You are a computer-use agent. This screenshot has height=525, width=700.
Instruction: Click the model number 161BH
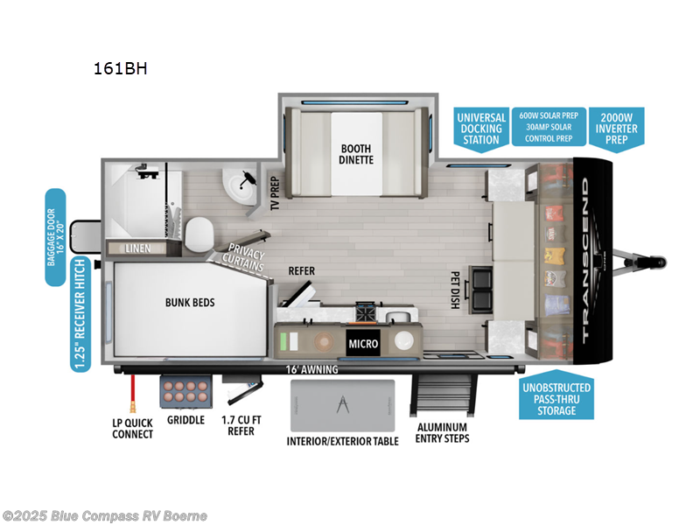(x=119, y=67)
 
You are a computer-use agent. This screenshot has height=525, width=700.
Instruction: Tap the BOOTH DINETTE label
(x=356, y=154)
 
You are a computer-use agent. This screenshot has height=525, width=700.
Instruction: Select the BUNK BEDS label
(x=190, y=303)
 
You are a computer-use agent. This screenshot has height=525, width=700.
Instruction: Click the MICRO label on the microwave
(x=363, y=343)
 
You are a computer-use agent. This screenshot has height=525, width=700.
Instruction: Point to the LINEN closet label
(x=137, y=248)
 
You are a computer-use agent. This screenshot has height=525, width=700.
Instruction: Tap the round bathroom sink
(x=236, y=184)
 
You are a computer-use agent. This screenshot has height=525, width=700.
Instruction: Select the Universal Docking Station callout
(x=481, y=128)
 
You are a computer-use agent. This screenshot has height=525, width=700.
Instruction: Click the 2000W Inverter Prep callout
(x=618, y=128)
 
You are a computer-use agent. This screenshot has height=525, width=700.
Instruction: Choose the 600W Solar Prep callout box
(x=549, y=126)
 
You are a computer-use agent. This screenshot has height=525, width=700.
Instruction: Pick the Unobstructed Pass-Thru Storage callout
(x=557, y=398)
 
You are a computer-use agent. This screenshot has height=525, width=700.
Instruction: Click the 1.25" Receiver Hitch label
(x=80, y=314)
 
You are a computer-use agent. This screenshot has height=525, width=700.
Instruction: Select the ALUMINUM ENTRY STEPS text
(x=442, y=431)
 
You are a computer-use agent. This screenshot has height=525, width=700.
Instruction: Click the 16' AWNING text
(x=313, y=369)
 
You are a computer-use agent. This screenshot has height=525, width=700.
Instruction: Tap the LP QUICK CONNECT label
(x=133, y=429)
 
